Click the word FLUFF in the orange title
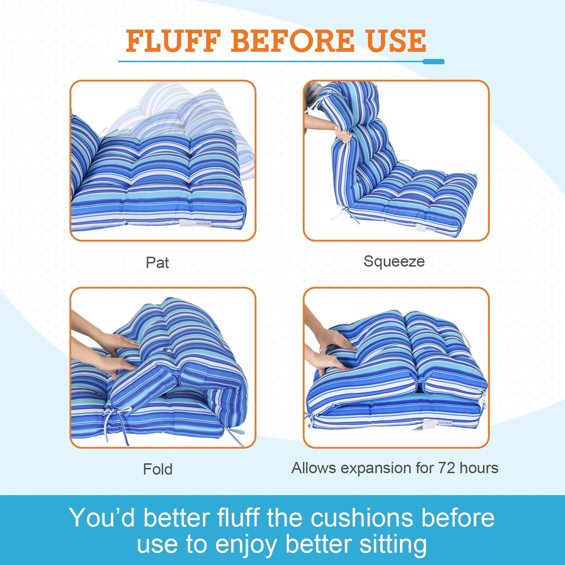[x=173, y=41]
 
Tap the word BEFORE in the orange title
[x=294, y=41]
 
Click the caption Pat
[x=157, y=262]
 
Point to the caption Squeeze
[x=394, y=262]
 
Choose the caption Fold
[x=158, y=469]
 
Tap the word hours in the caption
[x=479, y=468]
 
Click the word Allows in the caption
[x=313, y=468]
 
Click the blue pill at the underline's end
[x=434, y=61]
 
